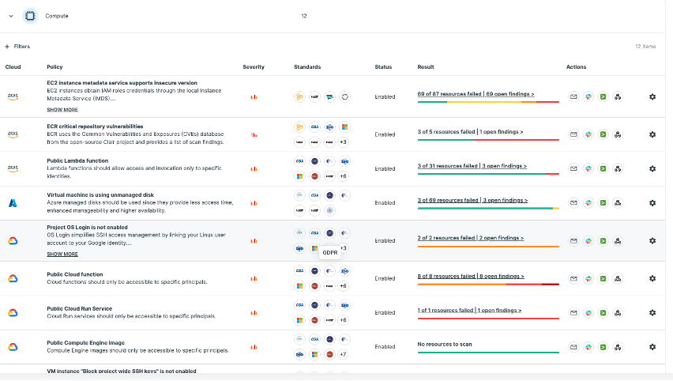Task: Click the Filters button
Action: pos(17,47)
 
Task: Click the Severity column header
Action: pos(254,67)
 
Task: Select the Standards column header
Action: pos(306,67)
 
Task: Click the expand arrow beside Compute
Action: pos(11,15)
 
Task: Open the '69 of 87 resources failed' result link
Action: pos(476,94)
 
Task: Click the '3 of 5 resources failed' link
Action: pos(470,131)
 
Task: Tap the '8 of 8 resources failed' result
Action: pos(471,276)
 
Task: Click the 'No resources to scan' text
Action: pos(444,344)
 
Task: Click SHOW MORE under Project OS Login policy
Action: pos(62,255)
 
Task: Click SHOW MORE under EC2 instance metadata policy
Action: pos(62,110)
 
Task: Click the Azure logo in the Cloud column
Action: pos(13,203)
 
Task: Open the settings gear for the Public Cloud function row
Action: pos(652,278)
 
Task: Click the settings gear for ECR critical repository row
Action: pos(652,134)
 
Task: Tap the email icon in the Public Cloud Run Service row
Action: pos(573,312)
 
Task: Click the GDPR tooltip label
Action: pos(330,253)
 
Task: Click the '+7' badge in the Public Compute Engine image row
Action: pos(343,354)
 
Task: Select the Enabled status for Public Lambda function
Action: pos(385,168)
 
